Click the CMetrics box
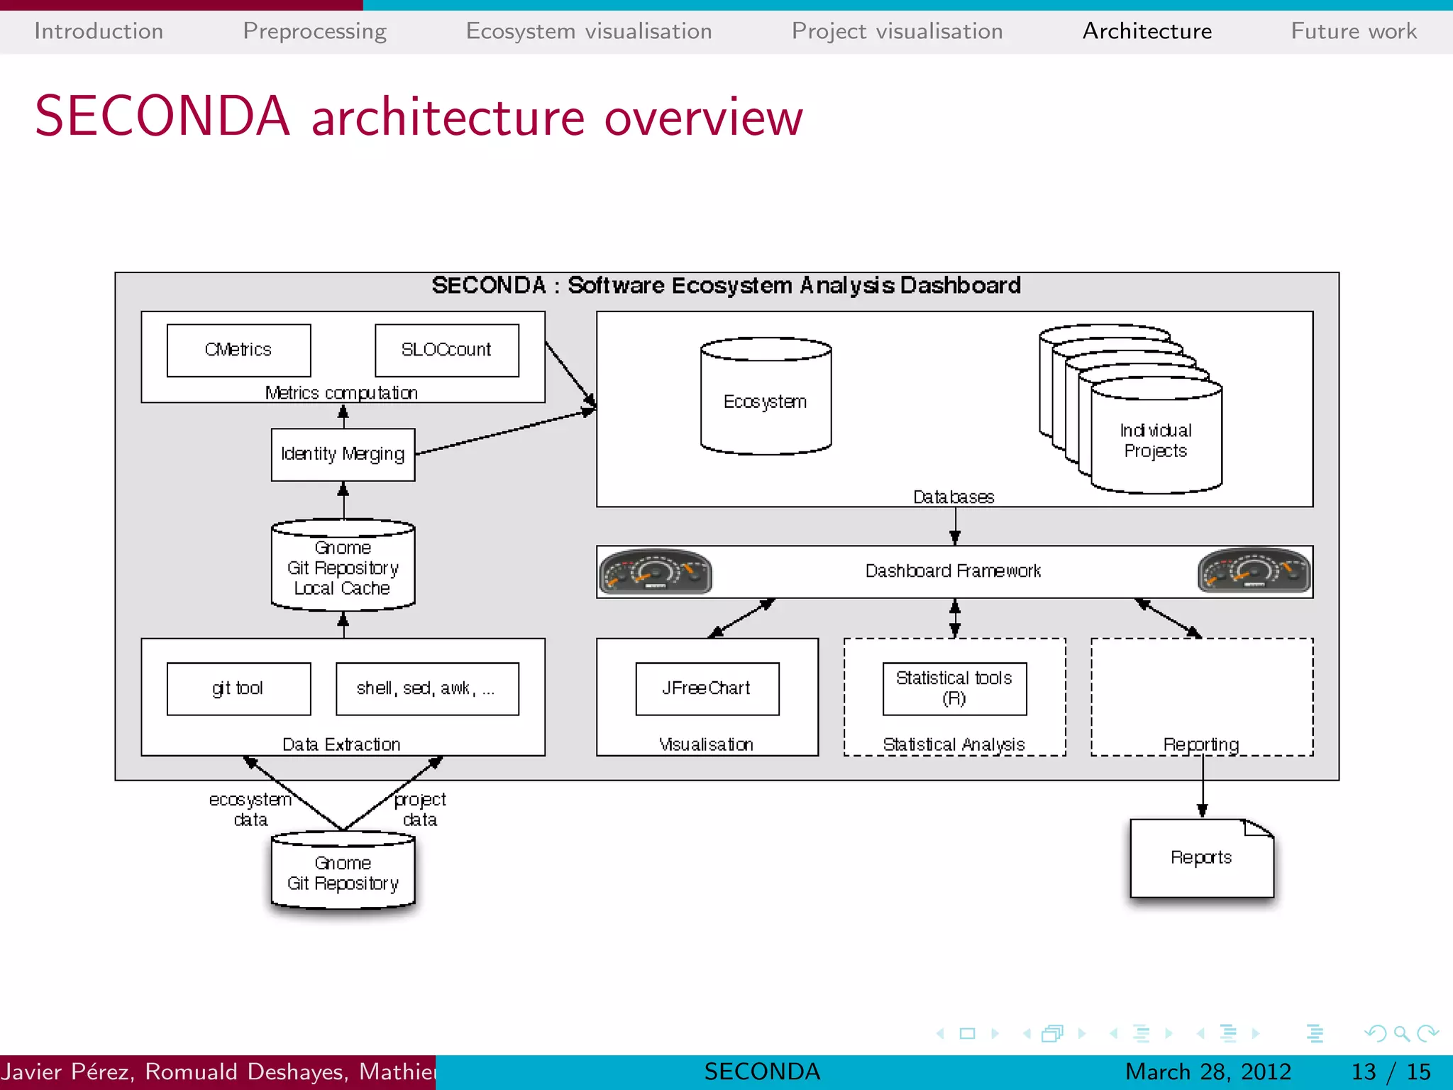(238, 350)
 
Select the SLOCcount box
(446, 350)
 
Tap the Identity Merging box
(343, 454)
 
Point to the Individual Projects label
(1155, 441)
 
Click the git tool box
(238, 688)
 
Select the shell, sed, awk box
(426, 688)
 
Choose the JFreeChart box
(707, 688)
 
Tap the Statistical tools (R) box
(954, 688)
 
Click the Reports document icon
(1201, 858)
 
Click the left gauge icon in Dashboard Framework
(655, 571)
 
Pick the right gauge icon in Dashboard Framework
(1254, 571)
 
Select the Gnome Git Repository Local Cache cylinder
(343, 568)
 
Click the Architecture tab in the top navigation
(1147, 31)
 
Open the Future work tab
(1353, 31)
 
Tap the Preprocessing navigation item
(314, 31)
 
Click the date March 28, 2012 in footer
(1208, 1072)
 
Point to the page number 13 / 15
(1391, 1072)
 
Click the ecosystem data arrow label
(250, 810)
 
